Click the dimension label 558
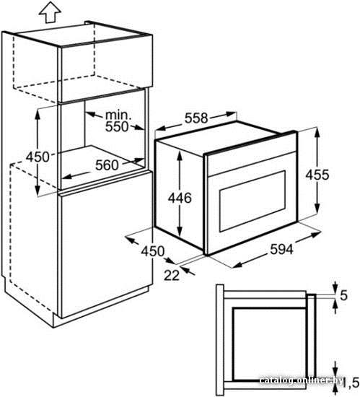[196, 118]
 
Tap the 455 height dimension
[317, 175]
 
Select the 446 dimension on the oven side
[180, 198]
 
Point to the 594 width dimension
[281, 249]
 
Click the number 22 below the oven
[172, 275]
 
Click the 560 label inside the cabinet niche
[107, 165]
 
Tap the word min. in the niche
[118, 115]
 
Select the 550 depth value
[117, 126]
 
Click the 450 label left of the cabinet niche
[38, 157]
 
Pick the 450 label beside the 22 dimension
[152, 251]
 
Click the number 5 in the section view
[343, 295]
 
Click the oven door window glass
[253, 201]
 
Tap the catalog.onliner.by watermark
[302, 380]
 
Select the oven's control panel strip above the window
[251, 162]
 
